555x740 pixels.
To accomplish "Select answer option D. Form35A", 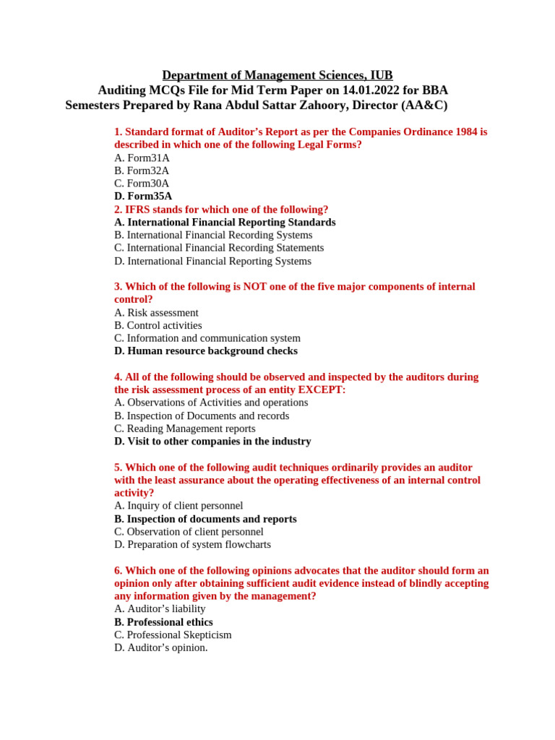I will coord(143,196).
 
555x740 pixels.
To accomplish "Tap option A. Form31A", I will coord(142,158).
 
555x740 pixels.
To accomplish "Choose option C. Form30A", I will coord(142,184).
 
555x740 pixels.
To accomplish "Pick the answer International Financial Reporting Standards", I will coord(225,222).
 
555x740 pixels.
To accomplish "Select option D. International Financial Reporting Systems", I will coord(212,261).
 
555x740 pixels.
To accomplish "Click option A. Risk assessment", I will coord(156,312).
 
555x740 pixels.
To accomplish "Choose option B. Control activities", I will coord(158,325).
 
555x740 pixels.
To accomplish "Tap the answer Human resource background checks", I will coord(206,351).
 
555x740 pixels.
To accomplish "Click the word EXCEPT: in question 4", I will coord(322,390).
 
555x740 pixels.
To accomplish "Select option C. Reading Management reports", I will coord(184,429).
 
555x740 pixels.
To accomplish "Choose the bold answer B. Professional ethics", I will coord(163,622).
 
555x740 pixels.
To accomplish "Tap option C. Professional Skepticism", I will coord(173,634).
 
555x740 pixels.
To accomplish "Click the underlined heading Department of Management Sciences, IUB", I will coord(277,75).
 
